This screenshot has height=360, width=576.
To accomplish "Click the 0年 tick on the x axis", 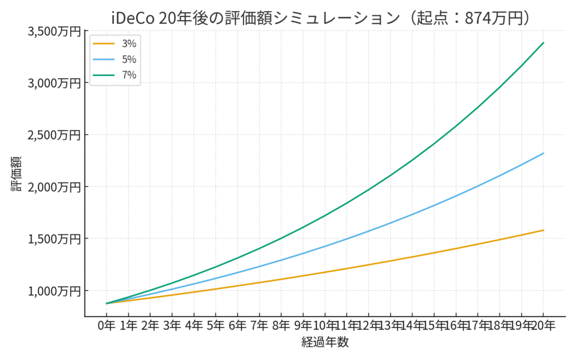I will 106,326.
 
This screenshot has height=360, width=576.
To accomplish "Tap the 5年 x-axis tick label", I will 215,326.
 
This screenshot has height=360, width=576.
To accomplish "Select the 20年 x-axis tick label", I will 543,326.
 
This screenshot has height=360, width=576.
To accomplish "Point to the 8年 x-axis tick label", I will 281,326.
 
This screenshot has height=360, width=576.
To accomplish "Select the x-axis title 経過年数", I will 325,342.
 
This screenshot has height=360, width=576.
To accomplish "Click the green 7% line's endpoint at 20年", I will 543,43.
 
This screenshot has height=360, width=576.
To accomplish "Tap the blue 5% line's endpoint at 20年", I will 543,153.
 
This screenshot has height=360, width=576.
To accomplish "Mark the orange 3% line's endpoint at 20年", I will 543,230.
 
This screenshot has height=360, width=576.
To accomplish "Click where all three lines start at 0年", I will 106,303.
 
